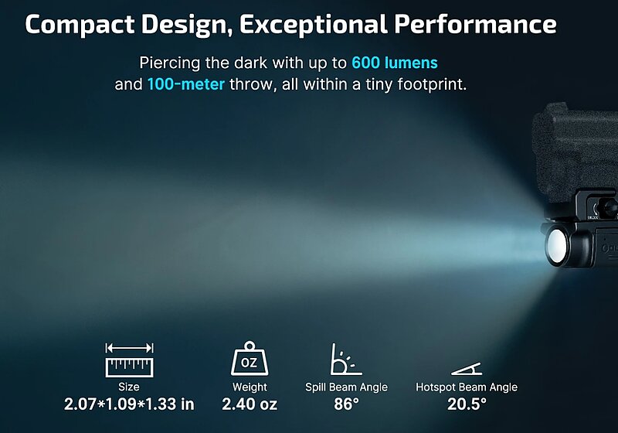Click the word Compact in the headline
pyautogui.click(x=80, y=25)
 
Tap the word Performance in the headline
pyautogui.click(x=475, y=24)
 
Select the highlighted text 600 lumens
pyautogui.click(x=395, y=63)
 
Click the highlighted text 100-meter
pyautogui.click(x=186, y=84)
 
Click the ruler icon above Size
pyautogui.click(x=129, y=360)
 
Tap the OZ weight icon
pyautogui.click(x=249, y=358)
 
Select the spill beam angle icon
pyautogui.click(x=346, y=359)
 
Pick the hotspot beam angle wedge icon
pyautogui.click(x=467, y=369)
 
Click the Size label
pyautogui.click(x=129, y=387)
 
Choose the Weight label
pyautogui.click(x=250, y=387)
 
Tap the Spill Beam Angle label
pyautogui.click(x=346, y=387)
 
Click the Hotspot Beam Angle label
pyautogui.click(x=467, y=387)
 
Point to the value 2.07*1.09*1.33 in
pyautogui.click(x=129, y=404)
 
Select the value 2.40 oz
pyautogui.click(x=250, y=404)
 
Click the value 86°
pyautogui.click(x=346, y=404)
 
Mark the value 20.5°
pyautogui.click(x=467, y=404)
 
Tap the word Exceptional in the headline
pyautogui.click(x=314, y=25)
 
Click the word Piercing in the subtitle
pyautogui.click(x=170, y=63)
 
